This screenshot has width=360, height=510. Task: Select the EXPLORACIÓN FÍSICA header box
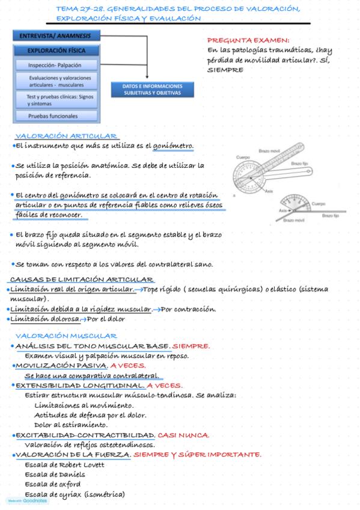point(56,51)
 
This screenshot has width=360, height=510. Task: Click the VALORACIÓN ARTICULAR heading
point(66,137)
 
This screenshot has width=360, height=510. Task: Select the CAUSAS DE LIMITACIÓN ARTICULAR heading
point(82,280)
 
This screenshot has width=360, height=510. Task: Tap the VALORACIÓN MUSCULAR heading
point(66,336)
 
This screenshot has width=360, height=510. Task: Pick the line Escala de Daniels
point(55,475)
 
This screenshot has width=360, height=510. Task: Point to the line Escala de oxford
point(53,484)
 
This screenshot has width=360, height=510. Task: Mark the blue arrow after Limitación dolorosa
point(84,319)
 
